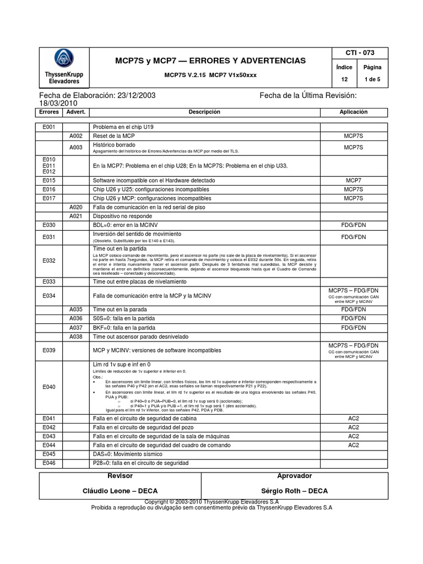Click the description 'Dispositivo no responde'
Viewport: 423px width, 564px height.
123,216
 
